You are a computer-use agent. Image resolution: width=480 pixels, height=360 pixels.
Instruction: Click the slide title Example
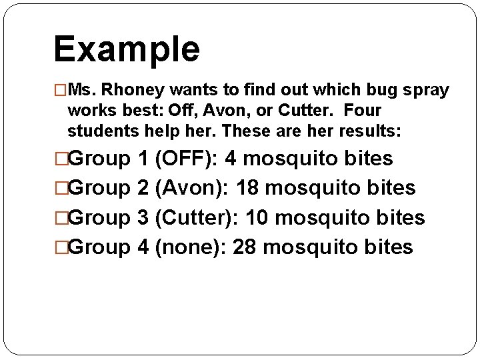(x=127, y=49)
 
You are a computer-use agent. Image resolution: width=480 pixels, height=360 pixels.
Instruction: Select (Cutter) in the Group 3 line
(x=197, y=217)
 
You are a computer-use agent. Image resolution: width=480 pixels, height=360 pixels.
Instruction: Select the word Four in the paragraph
(x=363, y=110)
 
